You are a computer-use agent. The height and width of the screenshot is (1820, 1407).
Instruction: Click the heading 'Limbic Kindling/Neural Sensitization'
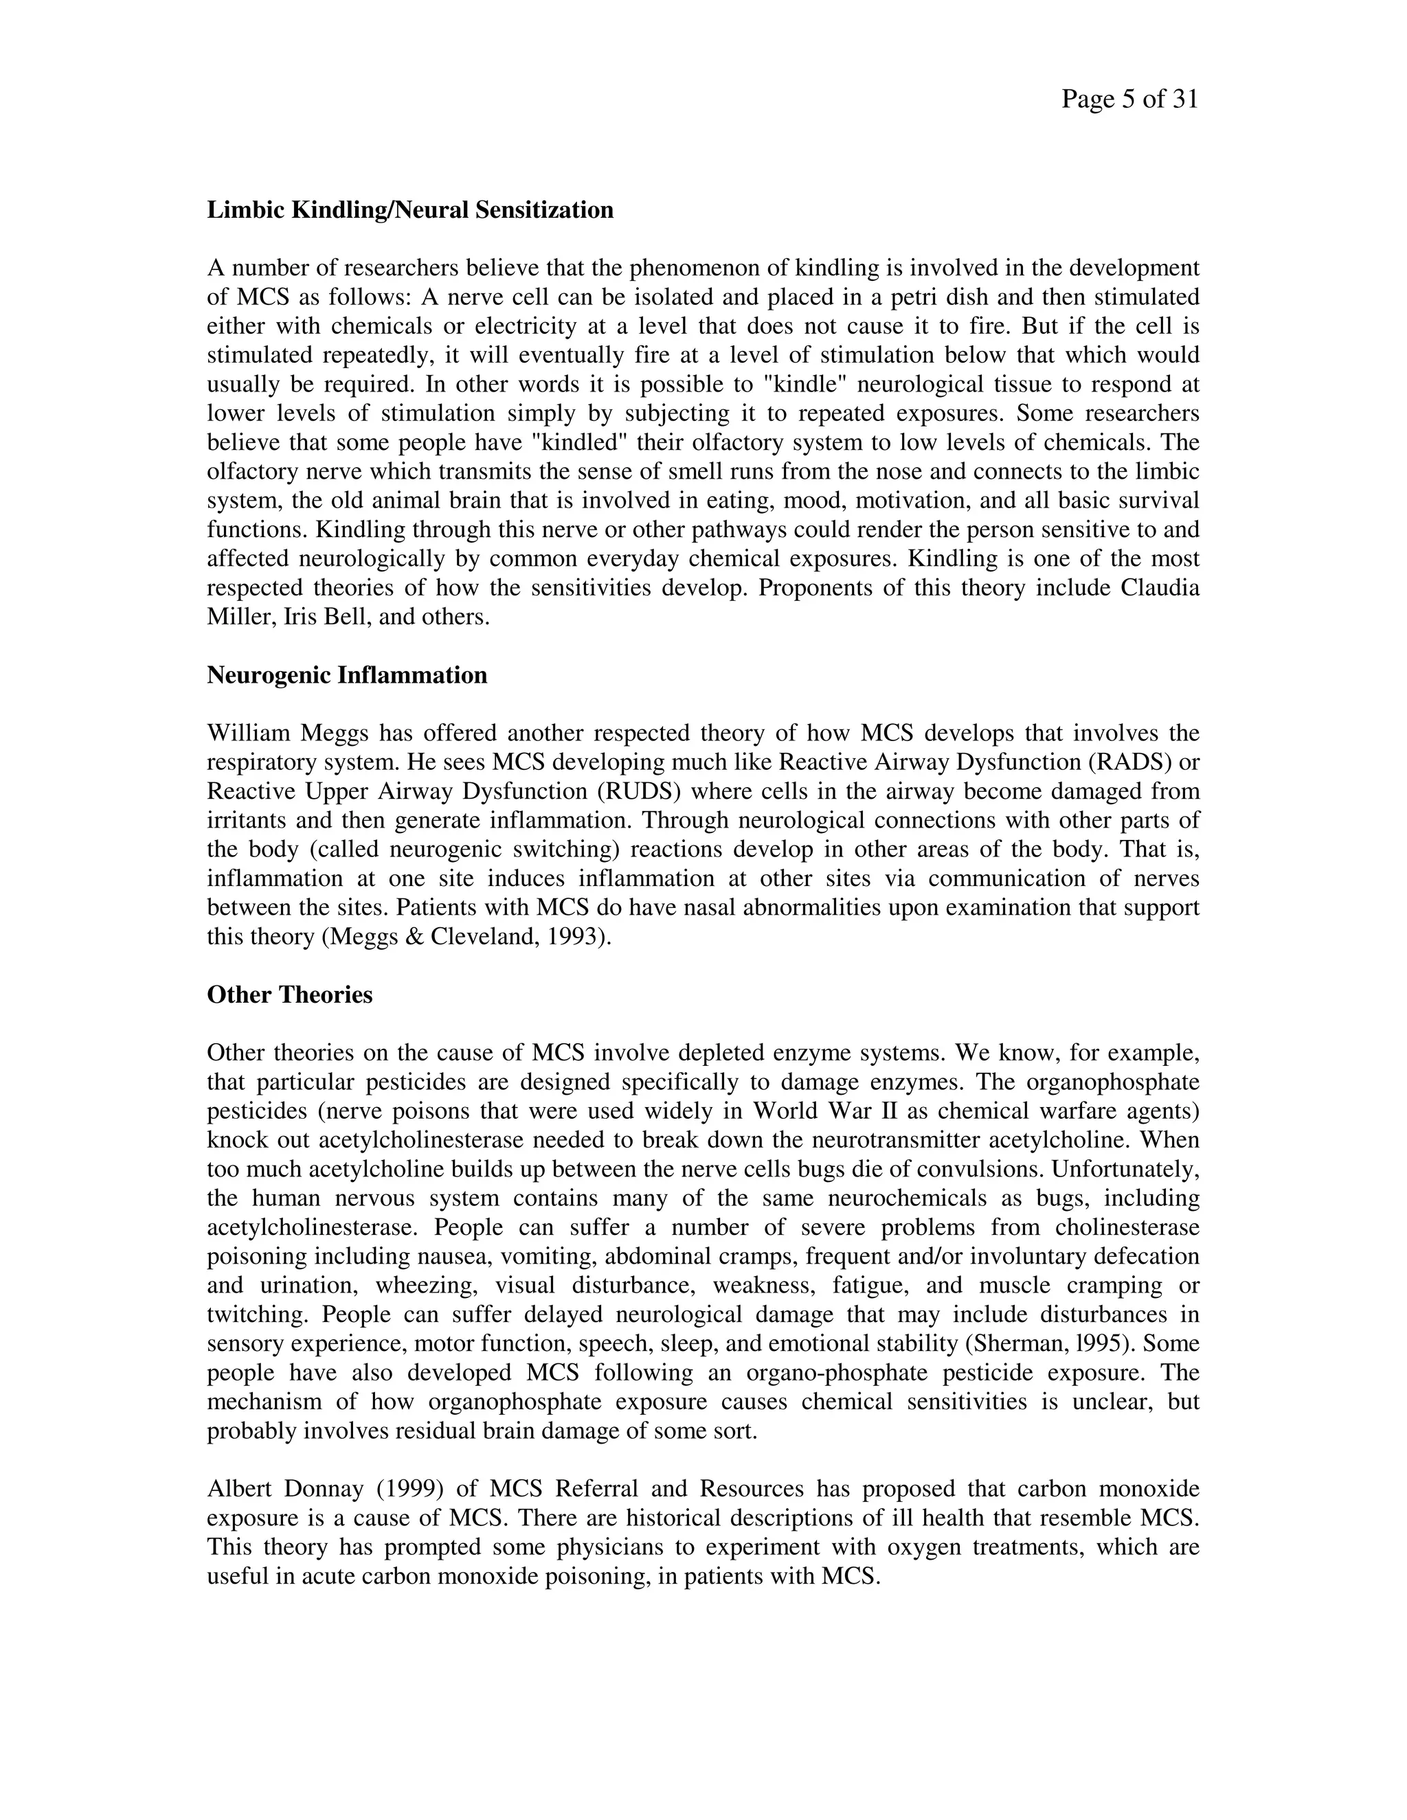410,210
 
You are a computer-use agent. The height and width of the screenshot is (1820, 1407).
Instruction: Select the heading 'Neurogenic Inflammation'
347,675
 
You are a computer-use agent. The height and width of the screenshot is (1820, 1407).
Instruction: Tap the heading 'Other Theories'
289,995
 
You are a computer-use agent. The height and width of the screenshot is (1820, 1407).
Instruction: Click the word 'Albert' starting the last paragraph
239,1489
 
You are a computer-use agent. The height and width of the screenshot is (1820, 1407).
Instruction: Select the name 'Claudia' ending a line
1160,589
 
